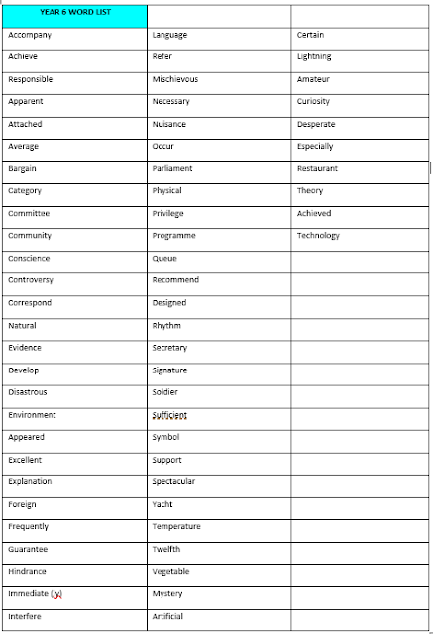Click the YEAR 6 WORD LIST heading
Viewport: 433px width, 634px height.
pos(74,12)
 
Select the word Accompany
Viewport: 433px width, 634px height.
pos(29,35)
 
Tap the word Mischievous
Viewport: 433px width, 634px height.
pos(176,79)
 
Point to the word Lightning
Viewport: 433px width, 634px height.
pos(314,57)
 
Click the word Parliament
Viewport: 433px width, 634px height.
pos(172,168)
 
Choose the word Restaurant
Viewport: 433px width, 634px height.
pos(317,168)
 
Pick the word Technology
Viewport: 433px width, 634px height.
pos(318,236)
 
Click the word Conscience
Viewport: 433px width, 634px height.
pos(29,258)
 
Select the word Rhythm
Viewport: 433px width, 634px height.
pos(166,325)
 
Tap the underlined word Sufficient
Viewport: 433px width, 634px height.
pos(169,415)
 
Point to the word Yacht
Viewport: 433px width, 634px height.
pos(162,504)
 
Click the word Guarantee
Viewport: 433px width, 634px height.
pos(28,549)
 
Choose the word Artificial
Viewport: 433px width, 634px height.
pos(167,616)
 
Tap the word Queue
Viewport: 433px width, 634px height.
pos(164,258)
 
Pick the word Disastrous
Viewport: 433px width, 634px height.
pos(28,392)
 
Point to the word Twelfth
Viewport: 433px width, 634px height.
pos(166,549)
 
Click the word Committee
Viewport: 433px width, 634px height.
pos(29,213)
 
